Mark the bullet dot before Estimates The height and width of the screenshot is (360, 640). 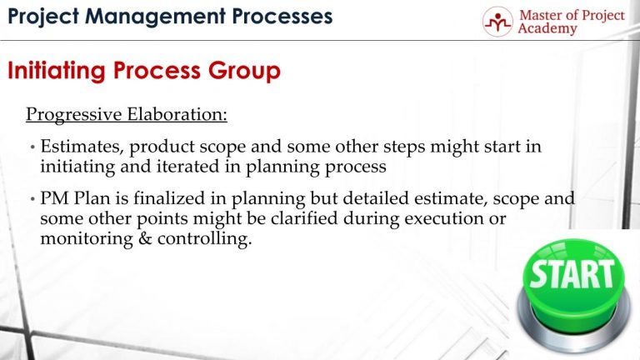[31, 148]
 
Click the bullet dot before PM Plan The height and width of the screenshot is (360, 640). [31, 202]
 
